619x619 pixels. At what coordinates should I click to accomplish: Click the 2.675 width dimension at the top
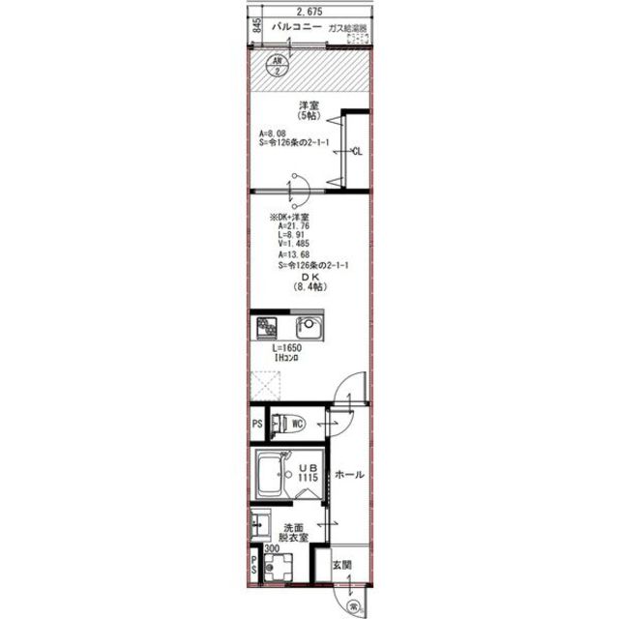pos(309,11)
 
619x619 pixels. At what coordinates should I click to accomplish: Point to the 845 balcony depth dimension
pos(257,26)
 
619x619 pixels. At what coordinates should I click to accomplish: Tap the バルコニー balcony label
pos(296,28)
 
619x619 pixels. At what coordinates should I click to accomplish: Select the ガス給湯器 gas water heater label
pos(349,29)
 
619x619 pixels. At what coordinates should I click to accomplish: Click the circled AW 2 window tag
pos(279,64)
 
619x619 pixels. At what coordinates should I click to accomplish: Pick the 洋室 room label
pos(309,105)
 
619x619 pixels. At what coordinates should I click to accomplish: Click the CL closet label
pos(357,151)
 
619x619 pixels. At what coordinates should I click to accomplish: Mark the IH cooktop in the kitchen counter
pos(266,328)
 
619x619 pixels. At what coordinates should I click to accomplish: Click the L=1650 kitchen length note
pos(287,348)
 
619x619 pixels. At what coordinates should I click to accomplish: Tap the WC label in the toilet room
pos(298,423)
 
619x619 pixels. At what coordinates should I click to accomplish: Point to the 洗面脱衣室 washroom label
pos(295,534)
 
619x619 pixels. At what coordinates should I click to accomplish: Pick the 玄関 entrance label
pos(342,565)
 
